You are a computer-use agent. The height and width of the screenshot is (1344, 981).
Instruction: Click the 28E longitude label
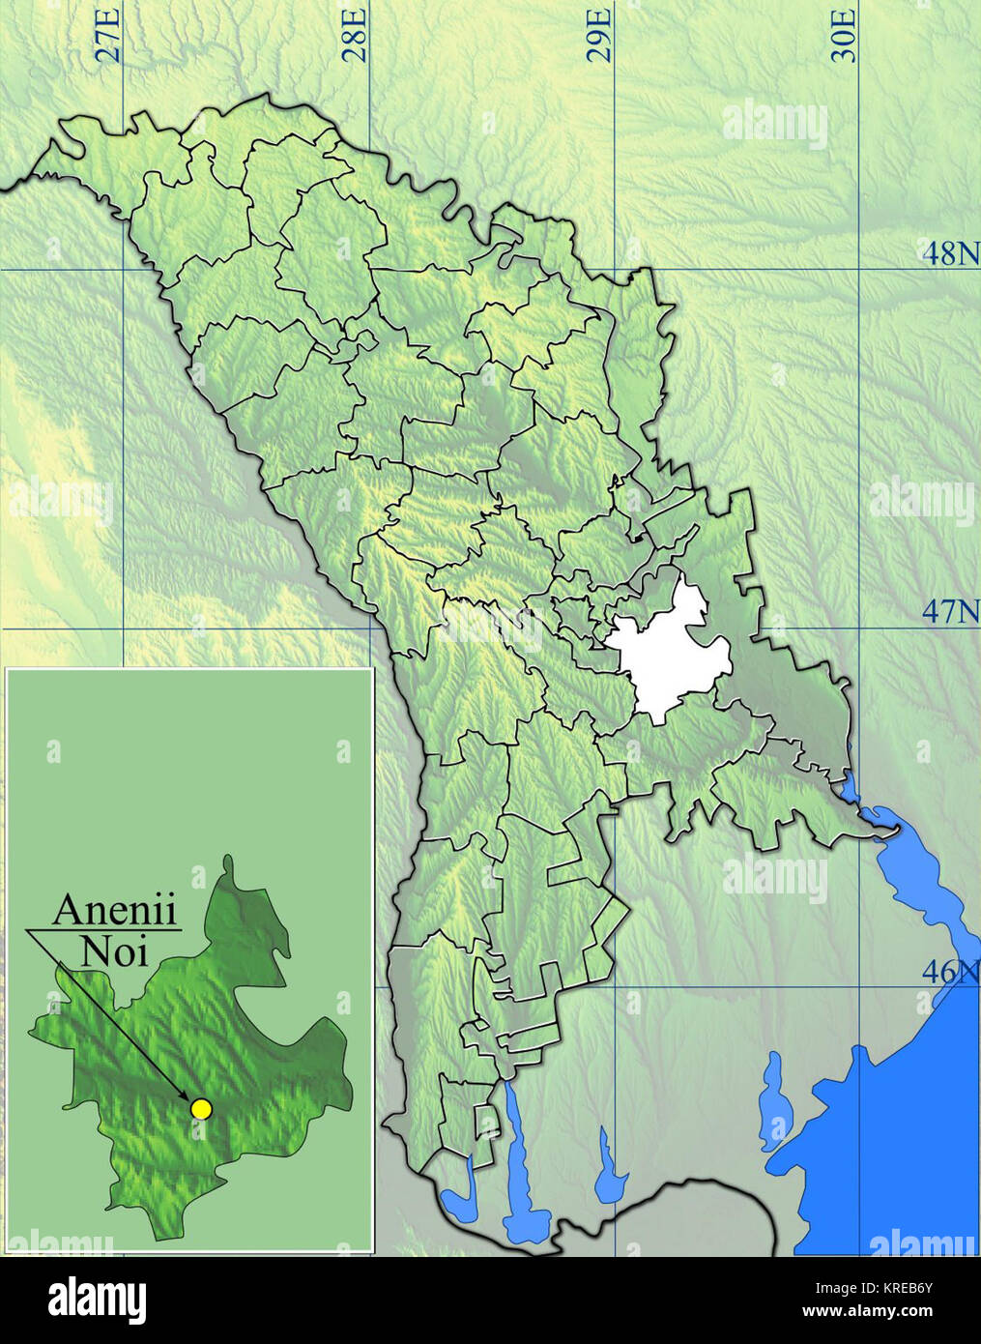(356, 35)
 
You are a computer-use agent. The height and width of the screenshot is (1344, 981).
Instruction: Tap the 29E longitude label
(600, 35)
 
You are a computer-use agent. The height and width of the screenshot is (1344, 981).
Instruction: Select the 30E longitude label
(845, 35)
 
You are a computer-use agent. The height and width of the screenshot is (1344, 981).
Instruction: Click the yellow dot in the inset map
(201, 1109)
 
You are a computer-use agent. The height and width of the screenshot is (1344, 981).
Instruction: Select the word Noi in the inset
(114, 952)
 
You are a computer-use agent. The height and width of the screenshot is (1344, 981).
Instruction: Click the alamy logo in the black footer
(99, 1299)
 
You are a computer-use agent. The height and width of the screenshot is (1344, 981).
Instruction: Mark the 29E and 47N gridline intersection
(616, 628)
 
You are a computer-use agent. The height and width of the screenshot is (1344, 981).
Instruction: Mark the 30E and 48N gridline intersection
(861, 269)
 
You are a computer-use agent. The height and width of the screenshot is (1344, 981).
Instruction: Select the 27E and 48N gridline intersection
(124, 269)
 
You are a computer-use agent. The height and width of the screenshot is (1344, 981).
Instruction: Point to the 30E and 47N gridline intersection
(861, 628)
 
